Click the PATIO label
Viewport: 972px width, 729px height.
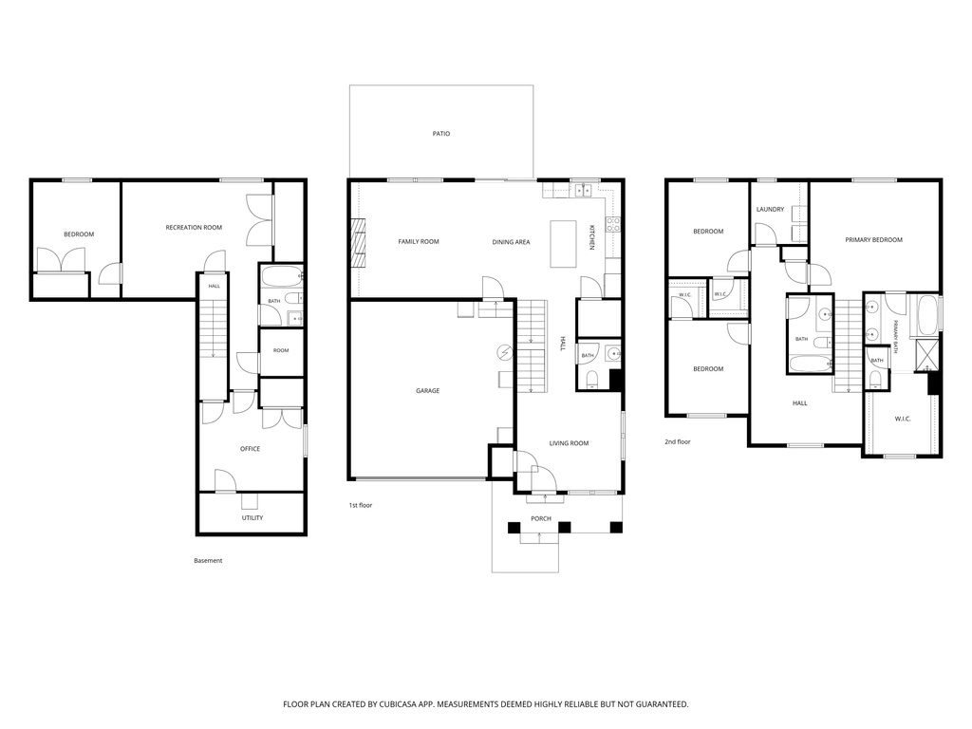[441, 133]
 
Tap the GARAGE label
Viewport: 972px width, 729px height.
[428, 390]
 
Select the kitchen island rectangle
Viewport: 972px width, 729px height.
[564, 244]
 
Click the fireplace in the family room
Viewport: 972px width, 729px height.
[358, 242]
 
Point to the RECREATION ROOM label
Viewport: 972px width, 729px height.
[194, 228]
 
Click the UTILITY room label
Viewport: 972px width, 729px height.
[252, 517]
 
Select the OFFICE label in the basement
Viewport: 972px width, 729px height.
[251, 449]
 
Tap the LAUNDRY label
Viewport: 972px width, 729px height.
[770, 210]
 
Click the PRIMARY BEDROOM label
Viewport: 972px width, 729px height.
[874, 240]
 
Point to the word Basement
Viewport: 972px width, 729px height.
[208, 560]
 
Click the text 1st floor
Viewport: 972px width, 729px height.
[360, 505]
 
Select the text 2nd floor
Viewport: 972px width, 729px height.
[678, 442]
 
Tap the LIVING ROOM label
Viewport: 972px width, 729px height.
[570, 443]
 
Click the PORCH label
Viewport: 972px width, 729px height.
[541, 519]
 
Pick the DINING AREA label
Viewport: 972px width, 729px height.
[512, 242]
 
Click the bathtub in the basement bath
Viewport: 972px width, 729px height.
[281, 276]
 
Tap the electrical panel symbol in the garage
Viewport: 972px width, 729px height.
[505, 352]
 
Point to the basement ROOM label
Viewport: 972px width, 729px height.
[281, 350]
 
